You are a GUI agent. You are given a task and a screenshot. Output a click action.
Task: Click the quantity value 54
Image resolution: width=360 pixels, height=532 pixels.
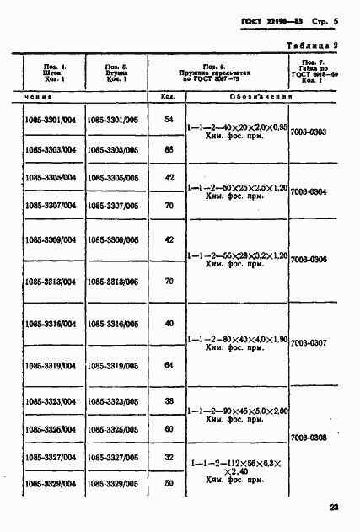[x=169, y=119]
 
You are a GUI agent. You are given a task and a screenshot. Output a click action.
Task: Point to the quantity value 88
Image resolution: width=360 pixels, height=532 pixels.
[x=169, y=149]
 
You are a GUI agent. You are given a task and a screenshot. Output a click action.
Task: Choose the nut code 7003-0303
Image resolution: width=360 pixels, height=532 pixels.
[x=308, y=132]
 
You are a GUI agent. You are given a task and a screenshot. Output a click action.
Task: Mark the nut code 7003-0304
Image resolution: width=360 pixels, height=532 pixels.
[x=308, y=192]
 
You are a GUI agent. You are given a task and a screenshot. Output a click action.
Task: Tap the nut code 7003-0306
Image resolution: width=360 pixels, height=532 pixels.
[x=308, y=260]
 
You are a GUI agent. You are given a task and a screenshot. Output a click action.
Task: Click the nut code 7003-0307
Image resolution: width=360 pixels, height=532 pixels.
[x=308, y=343]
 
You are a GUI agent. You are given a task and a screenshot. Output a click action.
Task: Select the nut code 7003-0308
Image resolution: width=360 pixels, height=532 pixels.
[x=308, y=438]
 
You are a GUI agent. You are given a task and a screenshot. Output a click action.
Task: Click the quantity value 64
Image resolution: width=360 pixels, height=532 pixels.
[x=169, y=365]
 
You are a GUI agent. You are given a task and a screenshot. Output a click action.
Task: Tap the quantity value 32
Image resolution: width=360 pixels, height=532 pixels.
[x=169, y=456]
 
